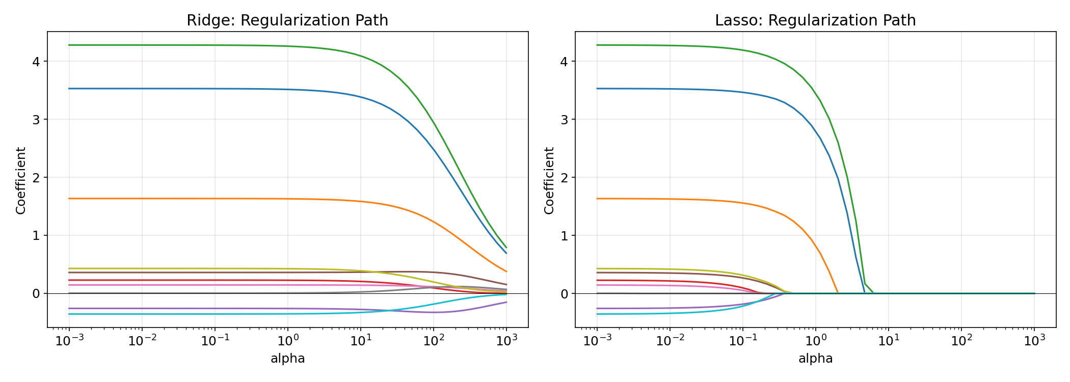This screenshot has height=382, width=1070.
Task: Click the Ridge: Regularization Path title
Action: pos(287,20)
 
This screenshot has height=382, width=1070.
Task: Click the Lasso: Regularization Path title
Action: pos(815,20)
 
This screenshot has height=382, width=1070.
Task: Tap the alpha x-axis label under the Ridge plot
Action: pos(287,359)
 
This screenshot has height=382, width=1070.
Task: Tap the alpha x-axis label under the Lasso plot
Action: pos(815,359)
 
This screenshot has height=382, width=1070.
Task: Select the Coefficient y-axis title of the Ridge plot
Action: pos(20,180)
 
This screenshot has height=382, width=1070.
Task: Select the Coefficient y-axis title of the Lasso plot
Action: pos(549,180)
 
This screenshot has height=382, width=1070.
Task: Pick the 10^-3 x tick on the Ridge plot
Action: pos(69,341)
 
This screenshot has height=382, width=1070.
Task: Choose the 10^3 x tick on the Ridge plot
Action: pos(506,341)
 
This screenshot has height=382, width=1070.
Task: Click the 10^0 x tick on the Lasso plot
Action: pos(815,341)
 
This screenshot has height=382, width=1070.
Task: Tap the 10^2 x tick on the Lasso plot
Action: pos(961,341)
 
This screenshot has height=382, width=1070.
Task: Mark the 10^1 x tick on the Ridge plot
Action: pos(361,341)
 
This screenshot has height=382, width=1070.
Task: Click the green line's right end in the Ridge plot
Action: pos(506,248)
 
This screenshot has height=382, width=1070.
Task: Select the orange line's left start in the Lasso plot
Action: pos(597,199)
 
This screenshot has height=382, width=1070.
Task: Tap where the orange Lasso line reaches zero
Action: pos(837,292)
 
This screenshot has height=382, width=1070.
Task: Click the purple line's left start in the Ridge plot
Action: pos(69,308)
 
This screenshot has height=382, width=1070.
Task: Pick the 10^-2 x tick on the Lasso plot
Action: pos(670,341)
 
